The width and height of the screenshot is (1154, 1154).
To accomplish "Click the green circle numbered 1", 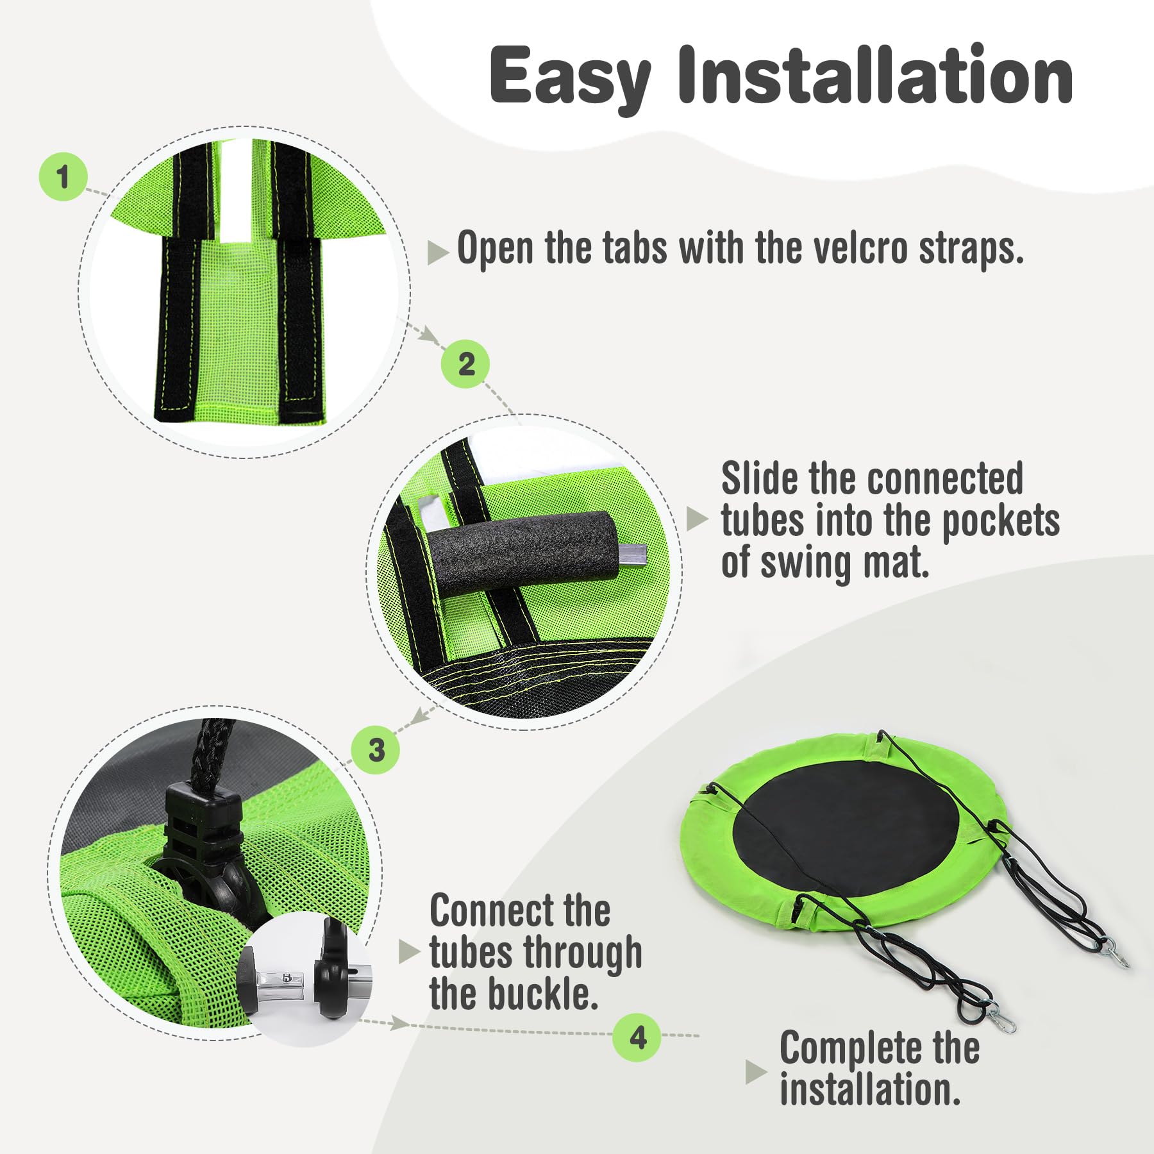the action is coord(63,176).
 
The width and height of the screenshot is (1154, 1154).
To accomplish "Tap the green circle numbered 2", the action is coord(465,364).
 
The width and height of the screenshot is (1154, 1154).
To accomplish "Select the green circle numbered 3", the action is coord(376,749).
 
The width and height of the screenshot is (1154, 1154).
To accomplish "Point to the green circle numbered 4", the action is coord(637,1037).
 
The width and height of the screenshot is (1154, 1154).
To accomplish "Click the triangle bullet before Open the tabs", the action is coord(438,253).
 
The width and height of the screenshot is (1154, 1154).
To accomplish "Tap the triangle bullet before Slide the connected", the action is coord(698,519).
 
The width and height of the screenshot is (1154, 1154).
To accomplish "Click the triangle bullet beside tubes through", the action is coord(410,952).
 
